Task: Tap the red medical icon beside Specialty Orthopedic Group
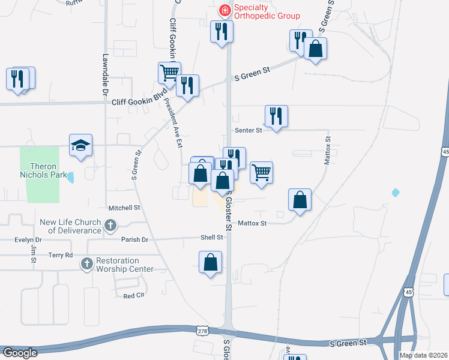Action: click(x=224, y=10)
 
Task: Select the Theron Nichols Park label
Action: click(x=43, y=170)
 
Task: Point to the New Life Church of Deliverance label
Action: click(x=71, y=226)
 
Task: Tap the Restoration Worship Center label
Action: click(x=125, y=265)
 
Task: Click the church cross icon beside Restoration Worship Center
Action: click(x=87, y=263)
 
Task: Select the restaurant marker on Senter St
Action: click(x=276, y=116)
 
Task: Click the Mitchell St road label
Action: click(x=124, y=208)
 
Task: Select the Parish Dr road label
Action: click(x=134, y=239)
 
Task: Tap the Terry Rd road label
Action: click(x=60, y=255)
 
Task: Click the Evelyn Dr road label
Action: click(x=27, y=240)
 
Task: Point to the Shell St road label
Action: click(x=211, y=237)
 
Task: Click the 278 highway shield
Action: click(x=203, y=330)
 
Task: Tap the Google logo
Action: click(x=19, y=353)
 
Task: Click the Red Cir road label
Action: click(x=134, y=296)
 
